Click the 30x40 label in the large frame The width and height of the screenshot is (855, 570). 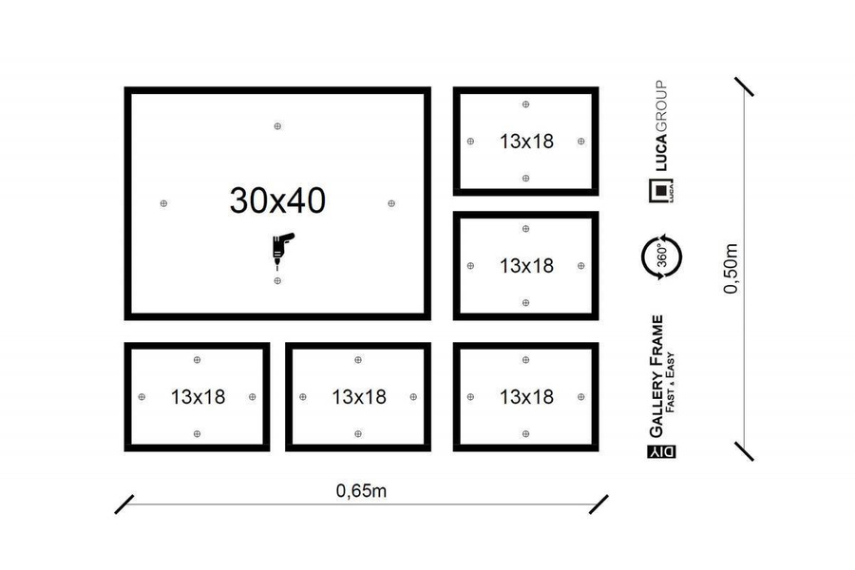coord(277,200)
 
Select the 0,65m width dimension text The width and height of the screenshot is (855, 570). coord(361,491)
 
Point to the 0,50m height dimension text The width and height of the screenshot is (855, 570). coord(731,269)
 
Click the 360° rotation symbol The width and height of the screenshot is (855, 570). coord(661,256)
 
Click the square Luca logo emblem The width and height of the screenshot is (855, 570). coord(661,190)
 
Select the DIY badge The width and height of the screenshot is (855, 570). coord(661,451)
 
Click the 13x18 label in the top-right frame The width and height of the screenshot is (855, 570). coord(526,142)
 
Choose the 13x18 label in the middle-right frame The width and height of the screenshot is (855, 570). coord(526,266)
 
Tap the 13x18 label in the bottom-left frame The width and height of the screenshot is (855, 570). coord(198,397)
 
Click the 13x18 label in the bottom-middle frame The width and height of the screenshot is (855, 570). coord(359,397)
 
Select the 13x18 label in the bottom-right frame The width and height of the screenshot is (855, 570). coord(526,397)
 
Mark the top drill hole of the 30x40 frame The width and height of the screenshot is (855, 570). coord(277,126)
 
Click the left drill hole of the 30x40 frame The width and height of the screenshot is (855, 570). coord(163,203)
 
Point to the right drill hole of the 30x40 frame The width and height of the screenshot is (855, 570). coord(391,203)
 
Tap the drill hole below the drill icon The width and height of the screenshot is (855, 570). coord(277,281)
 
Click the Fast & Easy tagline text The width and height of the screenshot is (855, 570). coord(671,382)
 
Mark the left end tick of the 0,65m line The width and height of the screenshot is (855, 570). coord(124,504)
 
